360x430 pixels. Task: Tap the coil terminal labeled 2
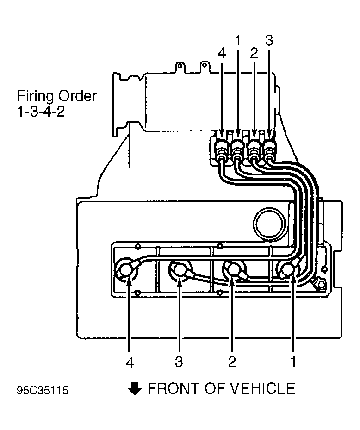tap(254, 149)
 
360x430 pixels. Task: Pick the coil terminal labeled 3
tap(269, 149)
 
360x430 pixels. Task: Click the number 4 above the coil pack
tap(222, 54)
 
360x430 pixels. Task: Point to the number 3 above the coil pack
tap(269, 40)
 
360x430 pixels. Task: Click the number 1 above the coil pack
tap(238, 41)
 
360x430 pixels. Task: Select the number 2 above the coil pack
tap(254, 54)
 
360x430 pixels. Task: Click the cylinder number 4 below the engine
tap(130, 362)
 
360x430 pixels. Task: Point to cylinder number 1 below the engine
tap(293, 362)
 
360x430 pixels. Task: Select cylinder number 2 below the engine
tap(232, 362)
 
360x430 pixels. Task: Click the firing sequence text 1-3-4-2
tap(41, 112)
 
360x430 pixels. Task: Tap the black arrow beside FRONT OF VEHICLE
tap(135, 389)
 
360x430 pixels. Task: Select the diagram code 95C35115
tap(43, 391)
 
